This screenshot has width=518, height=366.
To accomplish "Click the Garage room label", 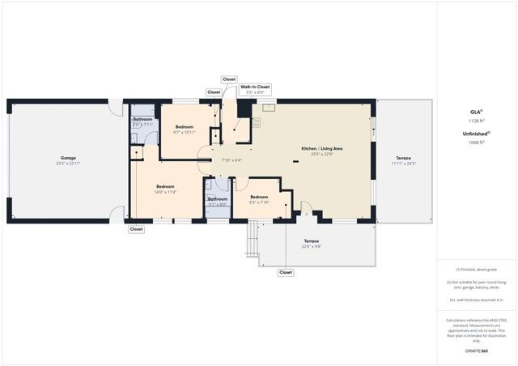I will [68, 158].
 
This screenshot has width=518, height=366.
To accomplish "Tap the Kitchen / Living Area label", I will [322, 149].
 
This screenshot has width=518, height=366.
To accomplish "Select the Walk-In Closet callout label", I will [254, 87].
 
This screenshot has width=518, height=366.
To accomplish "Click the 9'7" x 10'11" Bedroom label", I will [185, 127].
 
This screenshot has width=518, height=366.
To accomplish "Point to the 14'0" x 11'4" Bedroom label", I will [166, 186].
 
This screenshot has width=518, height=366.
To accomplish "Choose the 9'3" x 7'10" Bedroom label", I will [259, 198].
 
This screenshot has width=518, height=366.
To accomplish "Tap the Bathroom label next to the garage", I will [142, 119].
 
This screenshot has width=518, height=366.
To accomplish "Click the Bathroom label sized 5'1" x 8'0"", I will [218, 199].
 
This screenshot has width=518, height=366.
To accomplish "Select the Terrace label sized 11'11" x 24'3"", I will [403, 158].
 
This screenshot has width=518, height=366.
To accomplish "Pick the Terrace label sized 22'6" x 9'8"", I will [312, 241].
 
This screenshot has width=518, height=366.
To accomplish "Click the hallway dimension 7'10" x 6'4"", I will [231, 160].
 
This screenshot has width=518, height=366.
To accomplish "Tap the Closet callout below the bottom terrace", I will [286, 273].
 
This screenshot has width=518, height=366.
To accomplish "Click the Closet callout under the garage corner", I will [136, 229].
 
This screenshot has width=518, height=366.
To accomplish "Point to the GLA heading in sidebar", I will [476, 111].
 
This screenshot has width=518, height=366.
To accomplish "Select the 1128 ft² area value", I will [476, 120].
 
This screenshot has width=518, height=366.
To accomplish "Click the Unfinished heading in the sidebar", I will [476, 134].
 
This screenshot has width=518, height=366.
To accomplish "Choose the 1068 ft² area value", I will [476, 143].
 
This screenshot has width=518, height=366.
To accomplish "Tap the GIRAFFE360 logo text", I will [476, 351].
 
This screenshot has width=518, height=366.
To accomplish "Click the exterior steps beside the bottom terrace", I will [252, 241].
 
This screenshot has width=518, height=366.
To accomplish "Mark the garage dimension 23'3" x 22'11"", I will [68, 164].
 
